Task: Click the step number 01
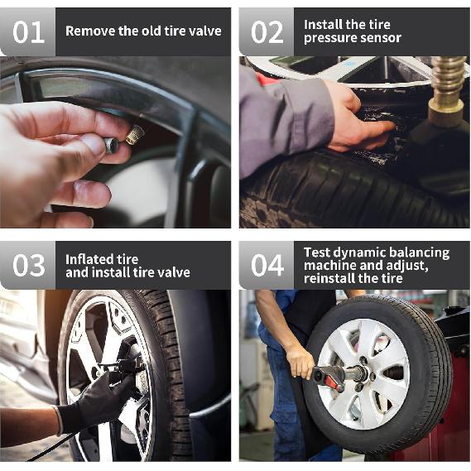(x=28, y=32)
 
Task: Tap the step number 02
(x=267, y=32)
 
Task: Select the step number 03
(x=28, y=265)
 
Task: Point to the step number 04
(x=267, y=265)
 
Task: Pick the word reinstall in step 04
(x=329, y=278)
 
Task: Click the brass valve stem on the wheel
(x=136, y=135)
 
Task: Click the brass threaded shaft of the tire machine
(x=448, y=81)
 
